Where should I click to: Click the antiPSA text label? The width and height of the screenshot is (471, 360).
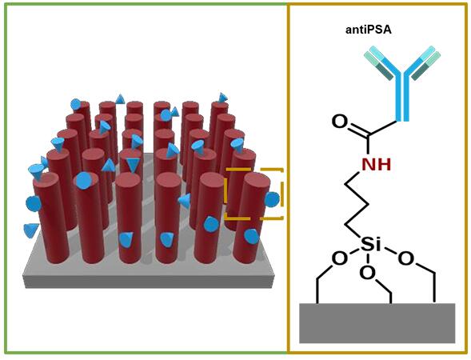[x=369, y=30]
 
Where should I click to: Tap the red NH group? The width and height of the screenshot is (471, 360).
[x=377, y=164]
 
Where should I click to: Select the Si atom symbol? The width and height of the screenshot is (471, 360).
[x=370, y=243]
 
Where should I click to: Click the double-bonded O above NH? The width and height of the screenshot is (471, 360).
[x=340, y=122]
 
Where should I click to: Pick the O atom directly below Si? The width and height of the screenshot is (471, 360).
[x=368, y=273]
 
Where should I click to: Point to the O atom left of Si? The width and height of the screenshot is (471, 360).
[x=340, y=258]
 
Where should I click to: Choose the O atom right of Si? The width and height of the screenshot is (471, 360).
[x=405, y=258]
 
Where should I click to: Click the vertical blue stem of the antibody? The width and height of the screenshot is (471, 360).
[x=402, y=96]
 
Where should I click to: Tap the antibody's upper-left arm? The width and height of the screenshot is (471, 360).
[x=382, y=63]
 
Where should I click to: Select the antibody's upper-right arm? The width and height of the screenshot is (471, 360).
[x=423, y=63]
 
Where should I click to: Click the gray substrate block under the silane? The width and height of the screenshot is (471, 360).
[x=377, y=323]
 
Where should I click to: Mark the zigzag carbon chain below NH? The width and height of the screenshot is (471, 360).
[x=357, y=204]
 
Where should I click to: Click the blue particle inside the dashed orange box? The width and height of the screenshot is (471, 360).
[x=272, y=199]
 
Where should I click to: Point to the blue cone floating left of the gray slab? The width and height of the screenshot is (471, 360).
[x=30, y=230]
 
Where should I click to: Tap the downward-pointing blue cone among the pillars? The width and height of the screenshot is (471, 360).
[x=133, y=165]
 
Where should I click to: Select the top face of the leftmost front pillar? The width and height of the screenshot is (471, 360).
[x=46, y=179]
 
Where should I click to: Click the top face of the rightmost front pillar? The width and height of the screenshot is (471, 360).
[x=257, y=180]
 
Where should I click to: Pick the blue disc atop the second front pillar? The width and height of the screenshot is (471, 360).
[x=84, y=181]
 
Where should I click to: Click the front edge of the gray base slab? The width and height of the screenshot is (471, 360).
[x=149, y=282]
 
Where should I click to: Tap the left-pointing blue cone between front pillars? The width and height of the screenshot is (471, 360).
[x=185, y=201]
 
